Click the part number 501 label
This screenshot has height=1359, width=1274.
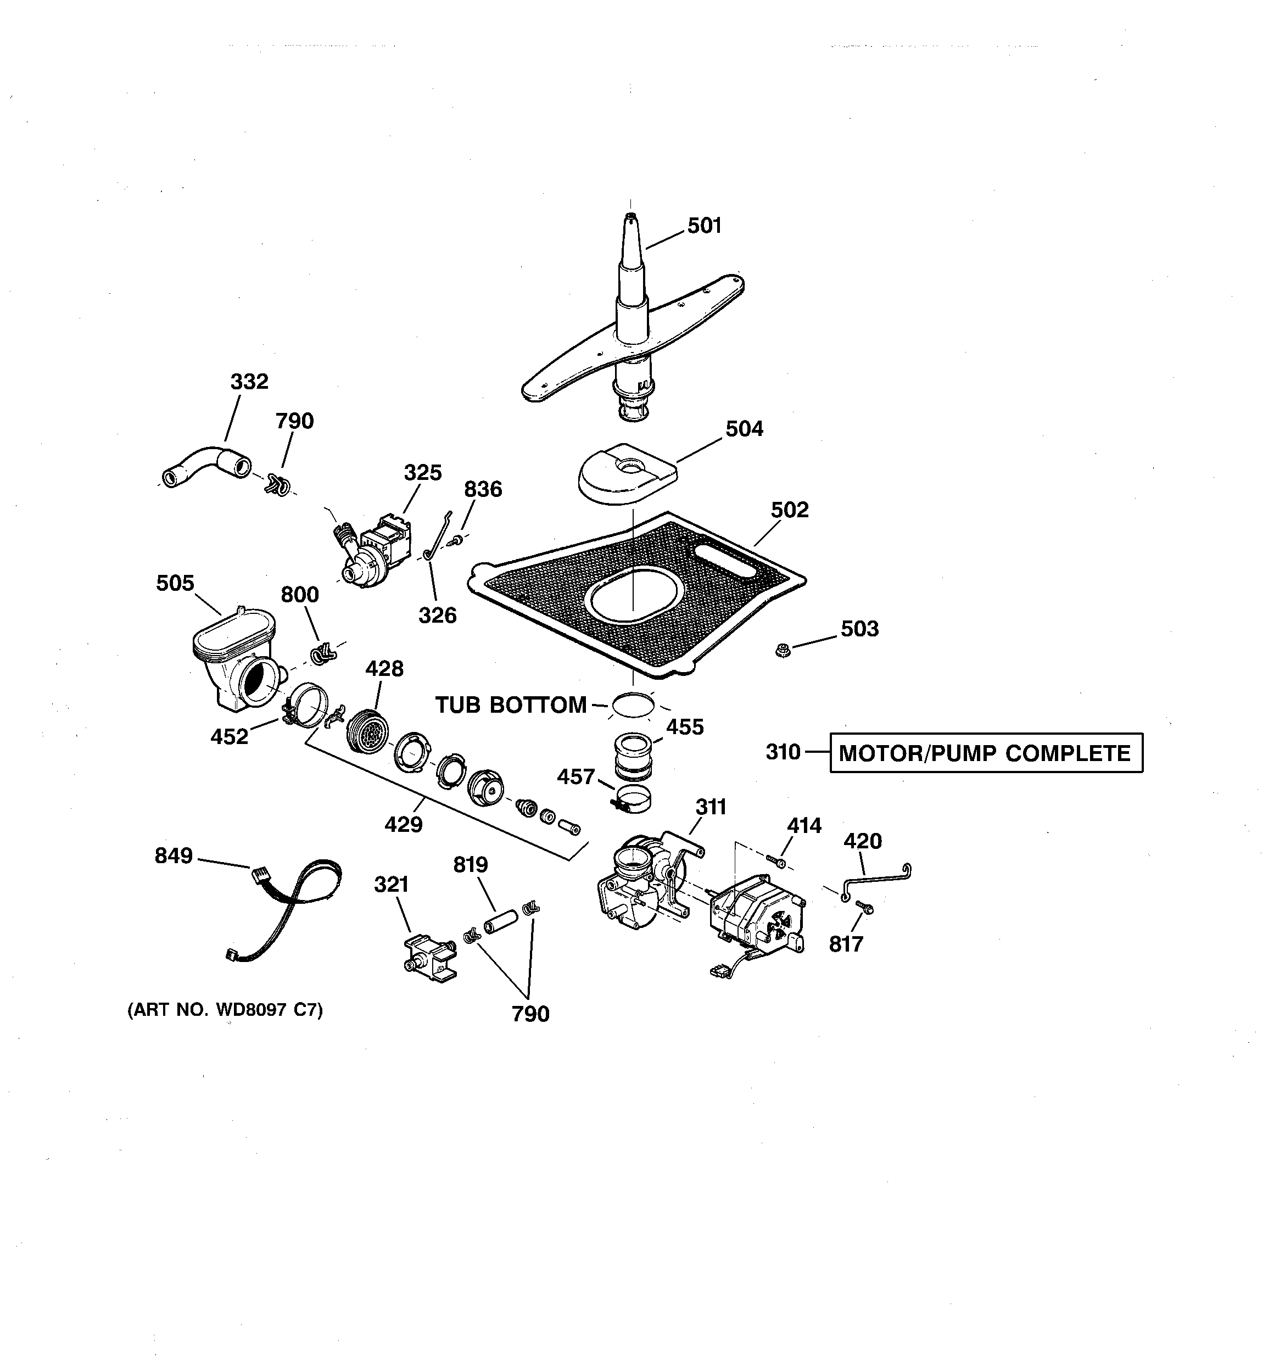705,226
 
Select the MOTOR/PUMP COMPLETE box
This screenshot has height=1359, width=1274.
985,753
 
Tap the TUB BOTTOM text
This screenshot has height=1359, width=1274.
511,705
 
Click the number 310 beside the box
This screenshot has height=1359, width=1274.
783,752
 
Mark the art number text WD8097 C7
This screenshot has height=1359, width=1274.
225,1010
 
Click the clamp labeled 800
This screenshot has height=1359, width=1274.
321,654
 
